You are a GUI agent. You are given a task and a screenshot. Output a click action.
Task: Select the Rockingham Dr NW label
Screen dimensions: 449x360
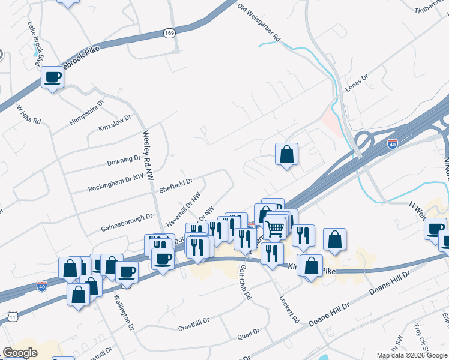pyautogui.click(x=116, y=182)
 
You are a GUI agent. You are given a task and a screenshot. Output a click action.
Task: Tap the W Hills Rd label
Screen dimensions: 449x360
pyautogui.click(x=28, y=115)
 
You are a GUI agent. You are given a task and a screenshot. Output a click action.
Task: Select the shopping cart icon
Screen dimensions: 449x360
pyautogui.click(x=275, y=227)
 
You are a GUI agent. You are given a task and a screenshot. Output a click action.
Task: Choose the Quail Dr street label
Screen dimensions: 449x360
pyautogui.click(x=248, y=332)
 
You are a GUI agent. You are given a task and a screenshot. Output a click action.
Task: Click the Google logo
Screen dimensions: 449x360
pyautogui.click(x=20, y=352)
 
